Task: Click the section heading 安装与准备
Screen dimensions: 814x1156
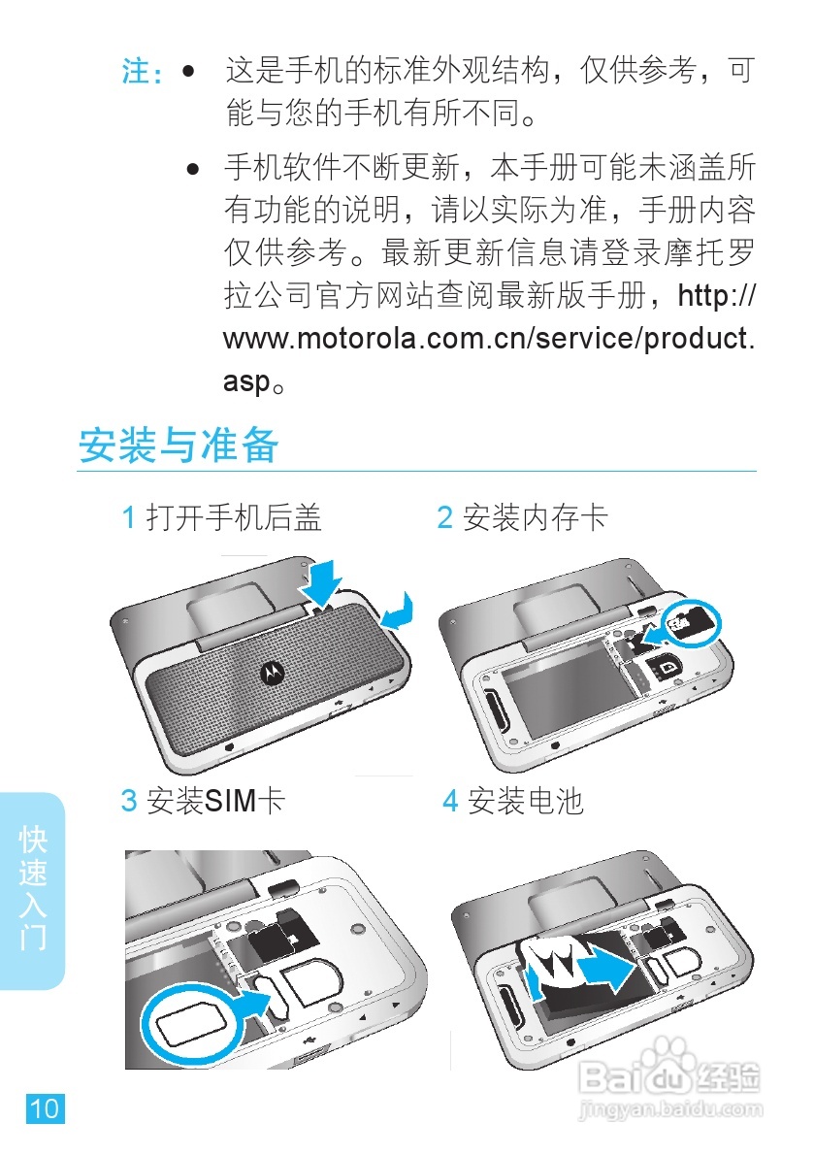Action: [179, 446]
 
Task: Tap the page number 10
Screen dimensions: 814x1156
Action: [46, 1108]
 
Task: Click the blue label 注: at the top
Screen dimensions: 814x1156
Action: [143, 72]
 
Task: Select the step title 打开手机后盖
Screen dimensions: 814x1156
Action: [234, 516]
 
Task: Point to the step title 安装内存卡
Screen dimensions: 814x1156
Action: [536, 516]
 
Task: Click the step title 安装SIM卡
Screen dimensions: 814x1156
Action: [215, 801]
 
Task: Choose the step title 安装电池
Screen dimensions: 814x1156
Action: [526, 801]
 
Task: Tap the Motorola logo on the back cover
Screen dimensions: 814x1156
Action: [273, 672]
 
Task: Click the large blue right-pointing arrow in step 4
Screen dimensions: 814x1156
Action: [607, 967]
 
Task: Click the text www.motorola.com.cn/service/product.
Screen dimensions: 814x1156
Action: [489, 339]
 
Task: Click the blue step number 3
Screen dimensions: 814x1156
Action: [129, 801]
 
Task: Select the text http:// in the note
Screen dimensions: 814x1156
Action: [716, 296]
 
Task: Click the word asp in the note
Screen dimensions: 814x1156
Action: [247, 382]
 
